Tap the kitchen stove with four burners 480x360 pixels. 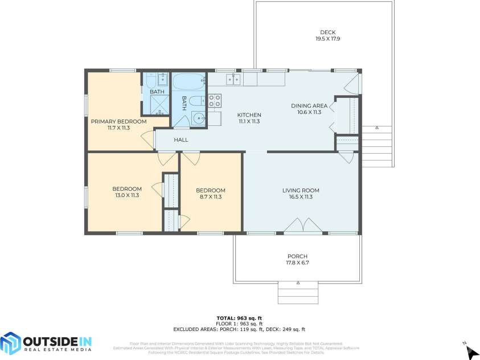(215, 101)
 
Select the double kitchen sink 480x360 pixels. (233, 80)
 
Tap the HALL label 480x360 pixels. (181, 140)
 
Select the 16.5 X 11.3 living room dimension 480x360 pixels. (301, 197)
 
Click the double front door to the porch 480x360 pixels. (303, 227)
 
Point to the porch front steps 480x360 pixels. (294, 293)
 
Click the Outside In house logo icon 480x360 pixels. (10, 343)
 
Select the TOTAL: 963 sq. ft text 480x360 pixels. (240, 318)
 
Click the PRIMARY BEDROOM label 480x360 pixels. (118, 121)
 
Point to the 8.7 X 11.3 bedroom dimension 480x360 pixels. (210, 197)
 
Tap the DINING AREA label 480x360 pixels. (309, 106)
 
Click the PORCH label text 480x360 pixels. (297, 256)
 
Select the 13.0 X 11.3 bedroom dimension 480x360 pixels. (126, 195)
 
